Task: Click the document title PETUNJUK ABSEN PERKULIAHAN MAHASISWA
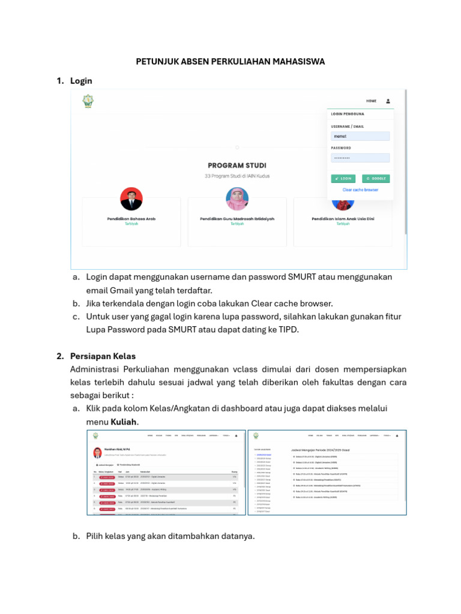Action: click(230, 61)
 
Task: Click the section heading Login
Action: click(81, 80)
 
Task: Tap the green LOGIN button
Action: click(343, 179)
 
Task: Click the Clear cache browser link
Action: click(360, 189)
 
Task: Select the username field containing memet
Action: click(360, 136)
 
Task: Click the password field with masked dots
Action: click(360, 158)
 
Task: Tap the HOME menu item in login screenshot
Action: click(371, 101)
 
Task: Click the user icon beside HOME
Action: click(388, 101)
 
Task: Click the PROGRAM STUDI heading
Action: click(237, 165)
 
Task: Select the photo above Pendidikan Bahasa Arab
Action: click(131, 198)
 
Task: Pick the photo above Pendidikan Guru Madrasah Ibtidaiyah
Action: click(237, 198)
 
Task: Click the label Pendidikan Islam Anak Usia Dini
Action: click(343, 219)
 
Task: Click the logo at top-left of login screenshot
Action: click(88, 102)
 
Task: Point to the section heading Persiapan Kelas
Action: click(103, 356)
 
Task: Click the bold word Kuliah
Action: click(125, 422)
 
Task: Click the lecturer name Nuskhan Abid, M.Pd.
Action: click(118, 449)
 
